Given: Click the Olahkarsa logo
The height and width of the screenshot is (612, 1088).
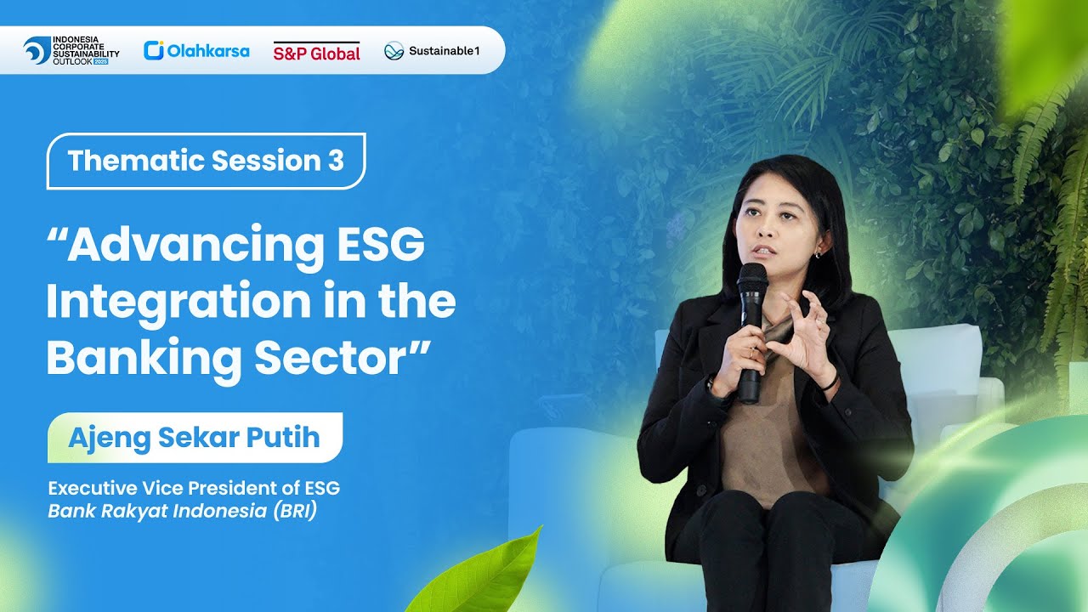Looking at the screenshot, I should point(196,51).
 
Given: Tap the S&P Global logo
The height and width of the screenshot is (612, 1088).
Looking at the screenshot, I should point(316,52).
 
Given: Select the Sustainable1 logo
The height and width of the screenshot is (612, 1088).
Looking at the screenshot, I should point(432,51).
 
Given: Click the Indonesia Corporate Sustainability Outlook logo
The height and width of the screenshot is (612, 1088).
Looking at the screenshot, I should point(71,51).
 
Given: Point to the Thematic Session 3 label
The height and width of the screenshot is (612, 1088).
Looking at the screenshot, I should point(206,161).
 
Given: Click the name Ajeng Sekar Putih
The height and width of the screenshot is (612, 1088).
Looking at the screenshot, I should point(194,438).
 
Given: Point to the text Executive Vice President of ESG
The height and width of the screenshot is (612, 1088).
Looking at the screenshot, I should point(194,489).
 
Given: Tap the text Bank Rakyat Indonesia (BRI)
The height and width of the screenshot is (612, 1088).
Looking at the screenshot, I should point(182,513).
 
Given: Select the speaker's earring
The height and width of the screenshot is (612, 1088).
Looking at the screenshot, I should point(817,253).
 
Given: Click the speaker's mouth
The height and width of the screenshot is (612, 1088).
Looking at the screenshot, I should point(763,251).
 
